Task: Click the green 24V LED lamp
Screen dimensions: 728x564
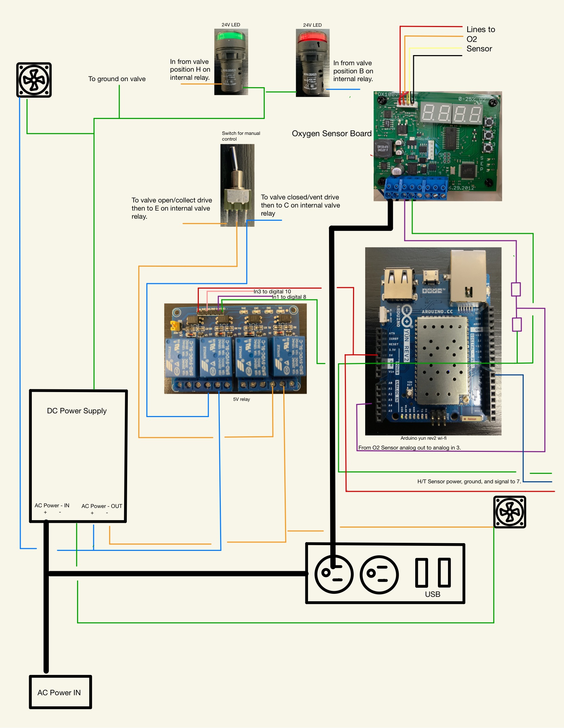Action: [231, 61]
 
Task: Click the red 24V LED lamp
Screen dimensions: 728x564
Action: [312, 63]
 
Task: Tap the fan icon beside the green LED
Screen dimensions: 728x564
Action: [34, 80]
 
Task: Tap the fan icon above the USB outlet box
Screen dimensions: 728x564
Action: [510, 512]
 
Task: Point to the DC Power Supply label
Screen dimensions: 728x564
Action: [77, 411]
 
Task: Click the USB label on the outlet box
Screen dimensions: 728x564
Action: [432, 594]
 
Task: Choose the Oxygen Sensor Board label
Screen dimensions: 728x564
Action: [332, 134]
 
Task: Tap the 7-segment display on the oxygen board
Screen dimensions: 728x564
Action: [451, 113]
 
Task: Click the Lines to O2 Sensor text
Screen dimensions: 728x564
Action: [480, 39]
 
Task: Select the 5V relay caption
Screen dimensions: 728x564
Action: [241, 399]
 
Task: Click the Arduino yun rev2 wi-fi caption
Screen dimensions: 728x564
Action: [423, 438]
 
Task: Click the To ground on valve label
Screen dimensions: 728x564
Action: [117, 79]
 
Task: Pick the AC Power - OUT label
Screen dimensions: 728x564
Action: [101, 506]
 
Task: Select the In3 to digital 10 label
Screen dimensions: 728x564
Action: [272, 291]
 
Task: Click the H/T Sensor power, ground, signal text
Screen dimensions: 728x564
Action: [469, 481]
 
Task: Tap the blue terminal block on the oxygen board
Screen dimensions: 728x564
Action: [416, 188]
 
